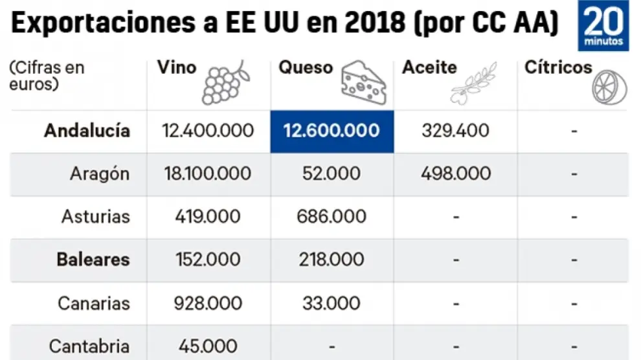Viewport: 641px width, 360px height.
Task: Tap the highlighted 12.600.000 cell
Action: point(332,131)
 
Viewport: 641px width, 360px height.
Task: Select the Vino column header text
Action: point(177,67)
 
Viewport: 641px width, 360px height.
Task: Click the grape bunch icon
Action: point(223,82)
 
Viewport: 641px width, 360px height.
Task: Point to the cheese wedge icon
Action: point(363,82)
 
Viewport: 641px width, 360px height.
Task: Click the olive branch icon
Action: point(473,84)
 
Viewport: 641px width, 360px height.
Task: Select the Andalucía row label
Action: point(87,131)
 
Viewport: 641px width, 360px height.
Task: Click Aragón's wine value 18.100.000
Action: point(208,174)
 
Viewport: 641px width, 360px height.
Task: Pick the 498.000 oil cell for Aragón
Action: point(456,174)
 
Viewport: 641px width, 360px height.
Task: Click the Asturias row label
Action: point(96,216)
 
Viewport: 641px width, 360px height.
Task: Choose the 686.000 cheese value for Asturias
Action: point(332,216)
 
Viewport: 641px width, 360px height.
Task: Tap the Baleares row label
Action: point(93,260)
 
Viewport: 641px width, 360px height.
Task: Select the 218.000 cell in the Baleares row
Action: point(332,260)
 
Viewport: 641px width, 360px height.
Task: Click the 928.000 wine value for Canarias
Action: point(208,303)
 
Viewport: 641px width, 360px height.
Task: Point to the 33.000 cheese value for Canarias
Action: point(332,303)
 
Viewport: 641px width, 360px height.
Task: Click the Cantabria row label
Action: point(89,346)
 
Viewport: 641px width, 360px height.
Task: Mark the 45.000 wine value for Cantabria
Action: point(208,346)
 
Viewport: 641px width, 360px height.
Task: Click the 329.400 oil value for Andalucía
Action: point(456,131)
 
